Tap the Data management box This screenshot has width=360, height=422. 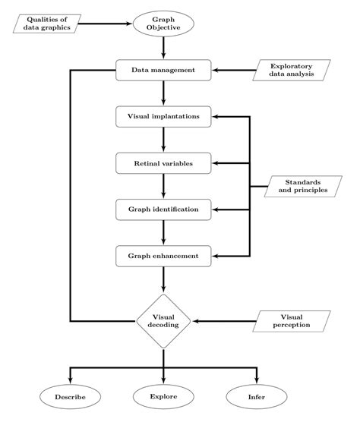tap(163, 71)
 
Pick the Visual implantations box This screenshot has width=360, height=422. tap(163, 117)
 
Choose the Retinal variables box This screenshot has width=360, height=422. tap(163, 163)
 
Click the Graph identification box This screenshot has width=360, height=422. tap(163, 209)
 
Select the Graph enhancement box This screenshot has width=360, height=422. tap(163, 256)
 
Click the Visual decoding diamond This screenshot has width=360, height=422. tap(163, 321)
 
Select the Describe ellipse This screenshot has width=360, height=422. tap(70, 396)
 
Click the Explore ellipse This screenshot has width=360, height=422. tap(163, 396)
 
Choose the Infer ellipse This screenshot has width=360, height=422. tap(257, 396)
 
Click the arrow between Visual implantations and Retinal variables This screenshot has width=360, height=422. tap(163, 140)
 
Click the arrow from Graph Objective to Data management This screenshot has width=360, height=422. tap(163, 47)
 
